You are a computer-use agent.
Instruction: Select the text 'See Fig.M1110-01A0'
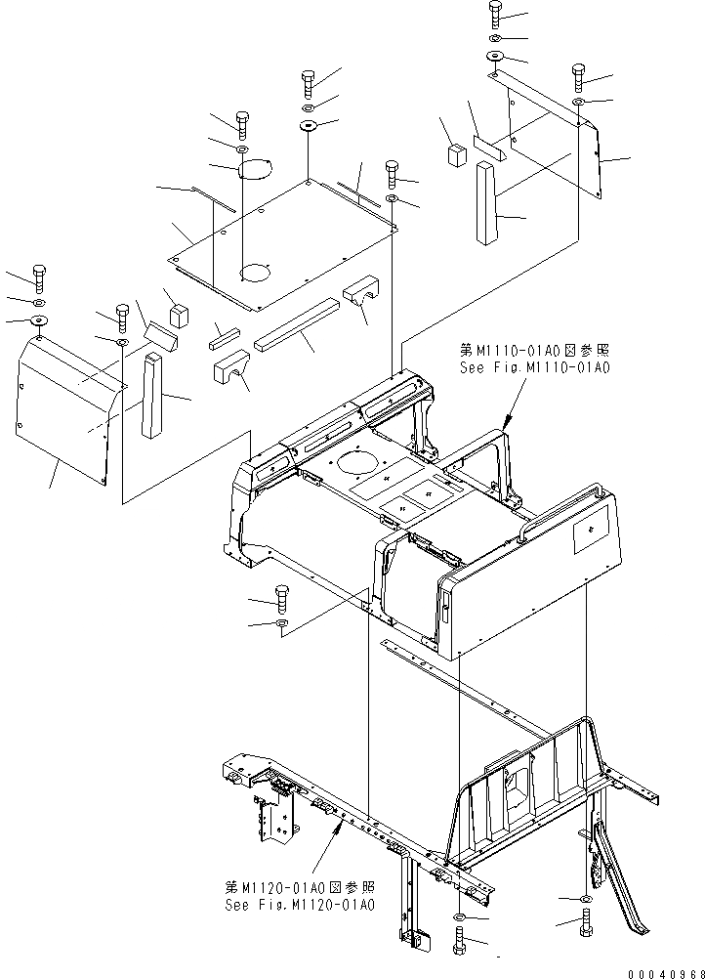pos(534,367)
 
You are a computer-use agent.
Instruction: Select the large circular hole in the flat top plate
pos(258,271)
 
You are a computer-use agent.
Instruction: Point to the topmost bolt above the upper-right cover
pos(494,14)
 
